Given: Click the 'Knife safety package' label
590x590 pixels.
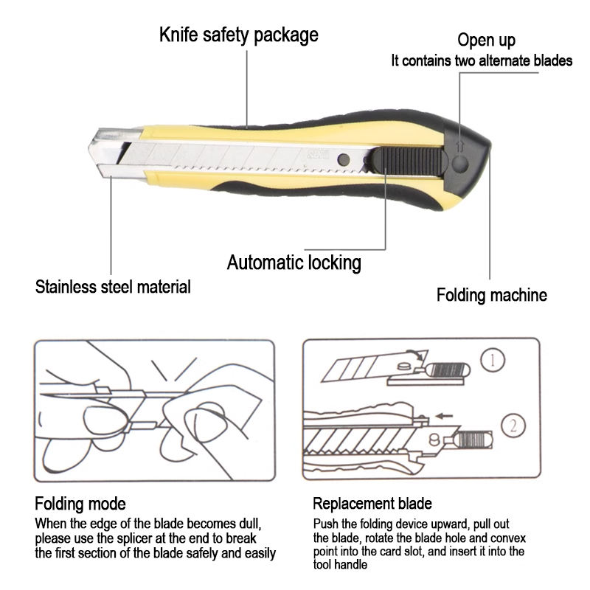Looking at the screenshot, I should (239, 35).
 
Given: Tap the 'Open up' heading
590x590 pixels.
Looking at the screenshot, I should (486, 40).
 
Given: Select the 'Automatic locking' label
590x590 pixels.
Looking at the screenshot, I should (294, 262).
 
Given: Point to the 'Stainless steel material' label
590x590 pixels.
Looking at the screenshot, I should (113, 286).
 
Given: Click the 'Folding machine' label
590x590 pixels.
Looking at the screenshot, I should (491, 295).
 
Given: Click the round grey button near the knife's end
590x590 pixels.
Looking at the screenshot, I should (459, 163).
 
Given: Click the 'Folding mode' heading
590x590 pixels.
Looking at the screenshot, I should (80, 504).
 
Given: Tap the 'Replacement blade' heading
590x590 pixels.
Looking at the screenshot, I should (372, 504).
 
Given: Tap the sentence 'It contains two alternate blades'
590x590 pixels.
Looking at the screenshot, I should (481, 61).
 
